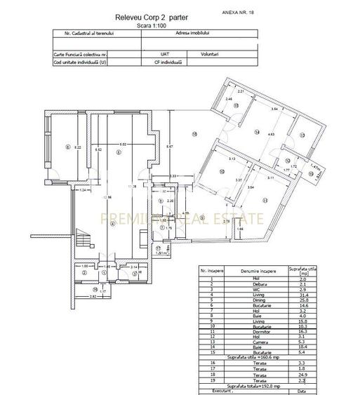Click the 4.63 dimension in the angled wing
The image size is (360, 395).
click(270, 133)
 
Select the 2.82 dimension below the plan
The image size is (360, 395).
click(93, 296)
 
